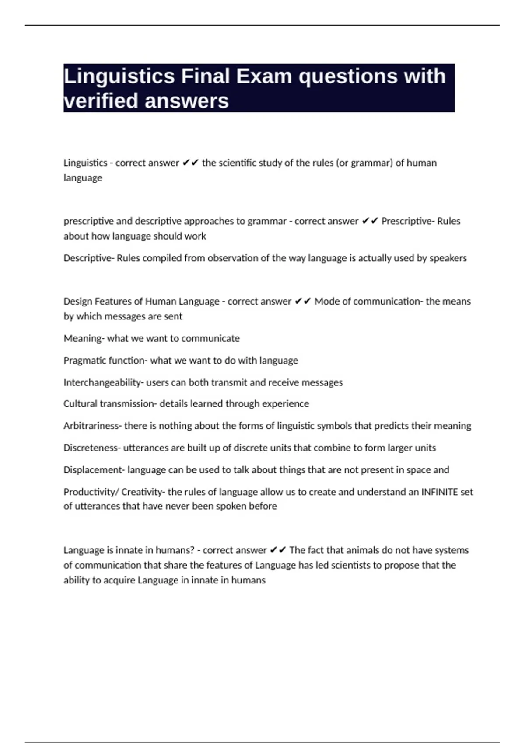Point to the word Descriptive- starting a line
point(89,258)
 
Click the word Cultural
point(79,404)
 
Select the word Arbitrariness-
point(92,426)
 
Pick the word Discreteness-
point(92,448)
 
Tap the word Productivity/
point(91,492)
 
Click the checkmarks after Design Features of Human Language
point(303,302)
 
